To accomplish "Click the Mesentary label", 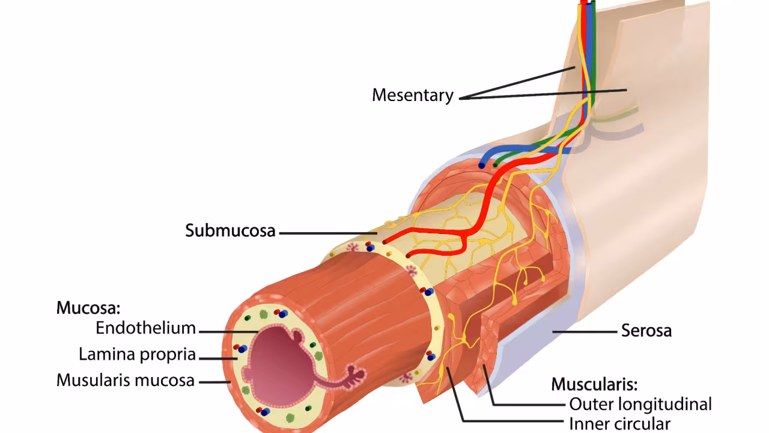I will click(412, 95).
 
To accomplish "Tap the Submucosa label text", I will click(230, 231).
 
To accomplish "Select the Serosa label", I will click(646, 330).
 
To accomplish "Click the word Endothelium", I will click(145, 328).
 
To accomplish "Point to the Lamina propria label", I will click(137, 354).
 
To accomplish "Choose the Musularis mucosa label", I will click(126, 380).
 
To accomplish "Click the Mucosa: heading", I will click(88, 308).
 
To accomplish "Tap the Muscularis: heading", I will click(594, 384).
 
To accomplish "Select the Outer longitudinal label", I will click(640, 404).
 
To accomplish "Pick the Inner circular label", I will click(619, 423).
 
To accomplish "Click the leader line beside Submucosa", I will click(327, 233).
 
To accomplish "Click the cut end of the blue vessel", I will click(482, 164).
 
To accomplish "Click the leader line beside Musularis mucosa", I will click(213, 381).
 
